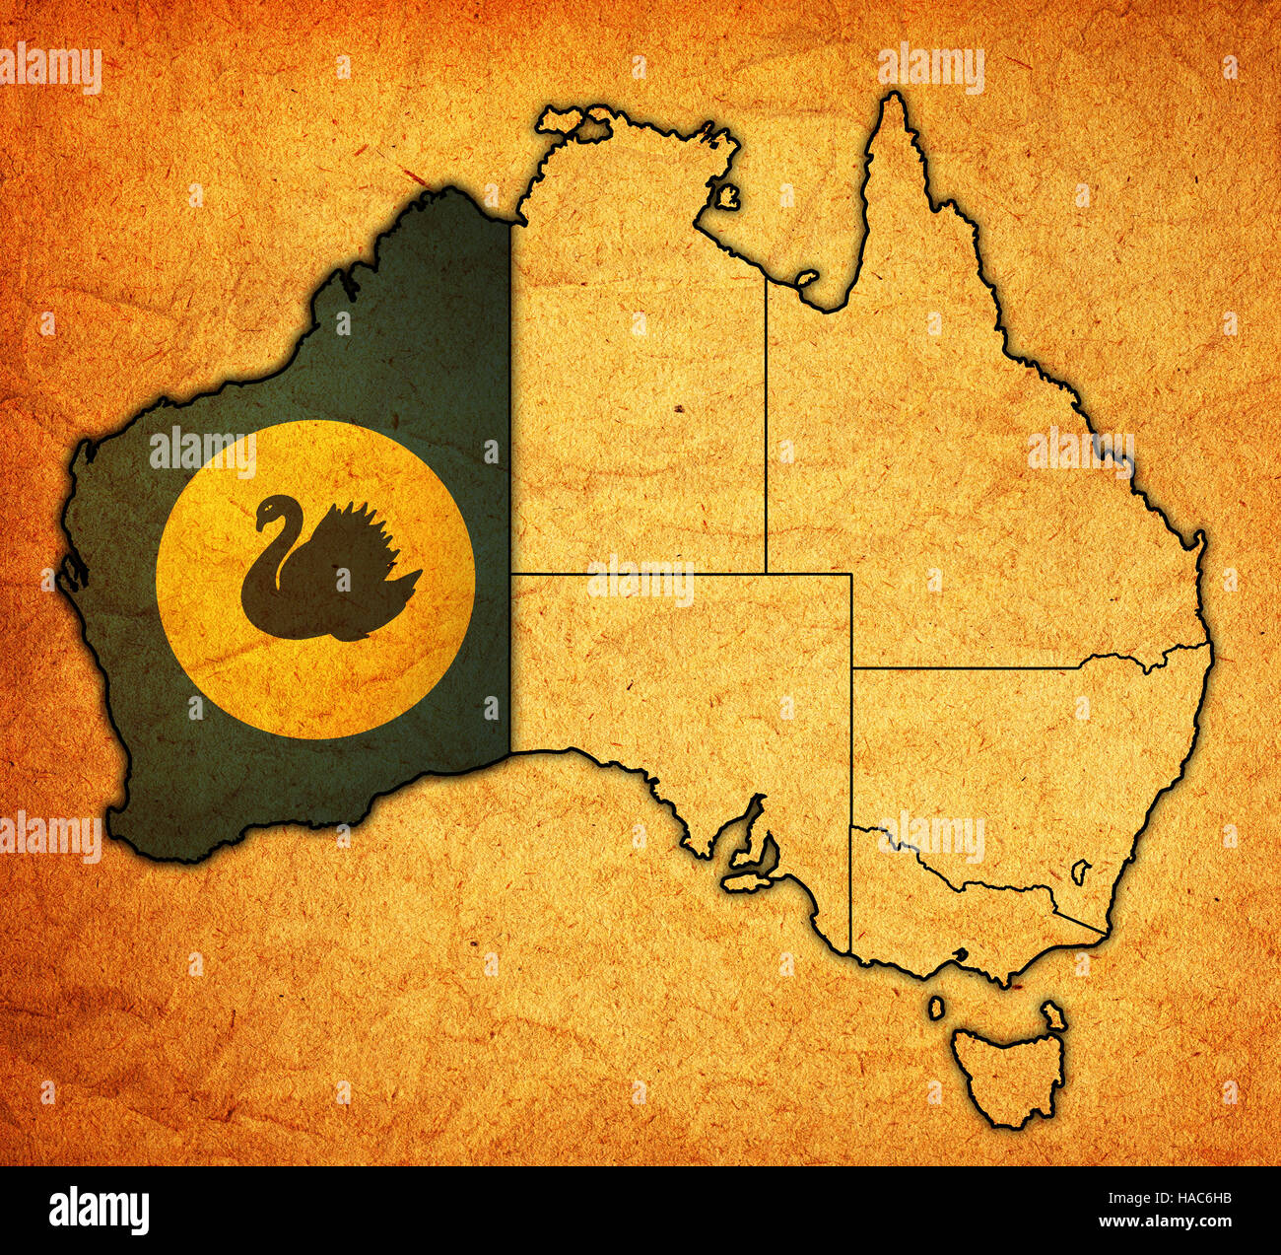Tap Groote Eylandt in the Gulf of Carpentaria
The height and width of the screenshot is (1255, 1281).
[x=727, y=195]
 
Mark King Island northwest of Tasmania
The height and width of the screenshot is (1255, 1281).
[x=935, y=1008]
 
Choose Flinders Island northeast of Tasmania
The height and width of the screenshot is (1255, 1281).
[x=1053, y=1015]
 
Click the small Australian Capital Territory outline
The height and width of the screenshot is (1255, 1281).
[x=1081, y=871]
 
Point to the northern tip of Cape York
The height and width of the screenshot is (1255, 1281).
[x=894, y=99]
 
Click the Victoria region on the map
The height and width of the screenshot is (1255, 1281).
[x=946, y=917]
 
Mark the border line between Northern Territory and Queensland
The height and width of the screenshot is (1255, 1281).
[x=766, y=424]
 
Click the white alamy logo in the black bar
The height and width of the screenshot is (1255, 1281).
[x=99, y=1210]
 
